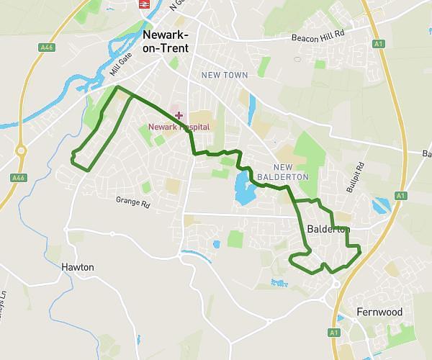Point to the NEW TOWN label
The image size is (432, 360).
point(225,75)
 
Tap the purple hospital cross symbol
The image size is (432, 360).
point(179,115)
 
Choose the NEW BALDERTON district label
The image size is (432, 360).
point(291,171)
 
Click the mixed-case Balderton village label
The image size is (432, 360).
point(328,230)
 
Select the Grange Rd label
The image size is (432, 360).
point(132,204)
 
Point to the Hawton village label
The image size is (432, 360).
point(78,266)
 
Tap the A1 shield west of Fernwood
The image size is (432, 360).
point(333,333)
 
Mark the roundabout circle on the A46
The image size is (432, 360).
point(19,151)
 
